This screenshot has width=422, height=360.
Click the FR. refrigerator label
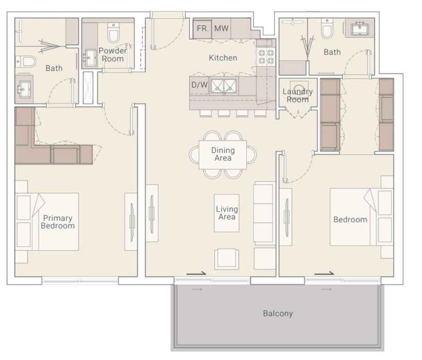[x=203, y=28]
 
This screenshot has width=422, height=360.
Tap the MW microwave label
[x=221, y=28]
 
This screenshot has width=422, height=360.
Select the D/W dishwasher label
[x=199, y=85]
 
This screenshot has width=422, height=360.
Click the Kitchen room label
[x=223, y=58]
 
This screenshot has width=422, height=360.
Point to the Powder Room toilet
[x=113, y=33]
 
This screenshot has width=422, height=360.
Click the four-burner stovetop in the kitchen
[x=266, y=56]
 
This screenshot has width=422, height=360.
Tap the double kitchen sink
[x=224, y=87]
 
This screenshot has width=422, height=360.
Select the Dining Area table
[x=223, y=155]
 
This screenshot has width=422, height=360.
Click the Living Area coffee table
[x=226, y=213]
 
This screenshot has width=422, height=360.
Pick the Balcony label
[x=278, y=313]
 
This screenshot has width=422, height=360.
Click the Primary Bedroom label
[x=58, y=222]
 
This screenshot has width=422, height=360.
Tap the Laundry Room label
[x=297, y=96]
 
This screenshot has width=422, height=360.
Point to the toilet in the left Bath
[x=26, y=62]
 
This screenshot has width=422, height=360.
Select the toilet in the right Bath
[x=327, y=28]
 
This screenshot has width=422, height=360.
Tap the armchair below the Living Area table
[x=226, y=259]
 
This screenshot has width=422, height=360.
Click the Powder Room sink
[x=91, y=57]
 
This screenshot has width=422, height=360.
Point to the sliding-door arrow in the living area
[x=196, y=273]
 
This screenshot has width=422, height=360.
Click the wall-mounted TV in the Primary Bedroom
[x=132, y=222]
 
